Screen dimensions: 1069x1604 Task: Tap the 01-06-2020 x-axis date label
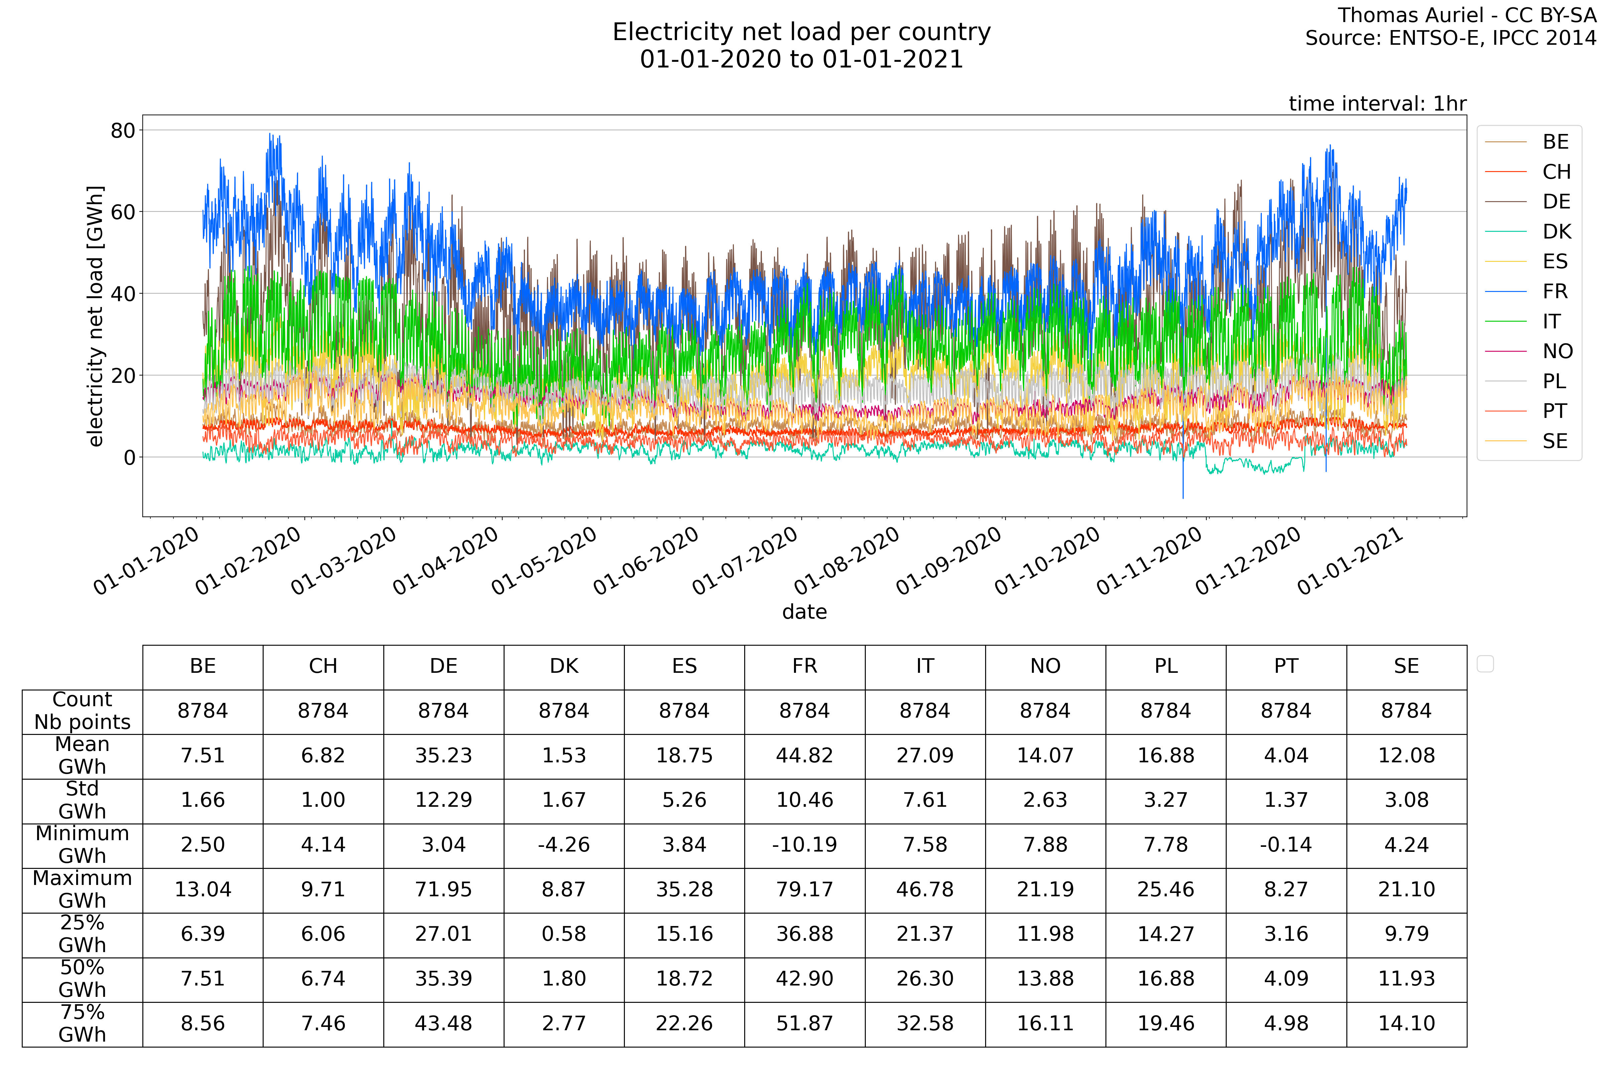click(x=647, y=561)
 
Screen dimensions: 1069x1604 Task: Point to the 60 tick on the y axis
click(x=123, y=212)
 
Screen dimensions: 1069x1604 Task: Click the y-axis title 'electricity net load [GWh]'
click(x=96, y=316)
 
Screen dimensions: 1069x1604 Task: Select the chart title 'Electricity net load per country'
click(x=801, y=32)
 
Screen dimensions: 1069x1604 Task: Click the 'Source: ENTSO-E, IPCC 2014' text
click(x=1451, y=38)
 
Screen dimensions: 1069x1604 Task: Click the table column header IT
click(x=925, y=666)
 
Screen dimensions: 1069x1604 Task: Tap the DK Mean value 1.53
click(x=564, y=755)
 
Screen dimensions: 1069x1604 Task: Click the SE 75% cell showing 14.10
click(x=1406, y=1023)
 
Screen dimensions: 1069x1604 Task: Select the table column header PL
click(x=1166, y=666)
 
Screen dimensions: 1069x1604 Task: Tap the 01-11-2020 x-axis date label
click(x=1150, y=561)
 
